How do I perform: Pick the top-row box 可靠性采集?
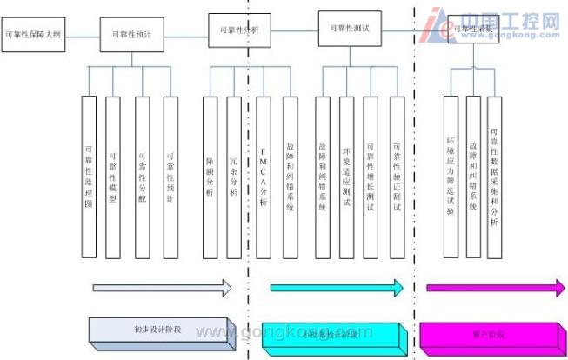click(x=475, y=30)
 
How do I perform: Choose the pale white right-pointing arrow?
click(x=162, y=288)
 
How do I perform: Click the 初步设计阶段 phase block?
click(x=162, y=332)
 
